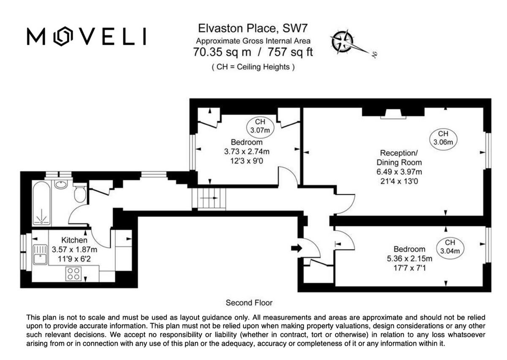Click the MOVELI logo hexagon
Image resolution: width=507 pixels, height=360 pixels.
[x=63, y=36]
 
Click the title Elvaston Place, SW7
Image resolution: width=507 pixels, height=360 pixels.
[x=253, y=29]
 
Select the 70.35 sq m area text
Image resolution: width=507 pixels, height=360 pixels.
[x=222, y=52]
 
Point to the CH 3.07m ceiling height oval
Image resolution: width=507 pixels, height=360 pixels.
[x=260, y=126]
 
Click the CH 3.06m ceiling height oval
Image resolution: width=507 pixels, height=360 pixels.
[x=444, y=138]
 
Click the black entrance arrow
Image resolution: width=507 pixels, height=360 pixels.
[x=297, y=248]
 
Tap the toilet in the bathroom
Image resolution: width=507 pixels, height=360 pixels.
[x=80, y=194]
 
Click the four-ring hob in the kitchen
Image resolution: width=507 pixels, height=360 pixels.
[x=73, y=274]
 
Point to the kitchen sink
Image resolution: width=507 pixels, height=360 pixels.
[x=41, y=254]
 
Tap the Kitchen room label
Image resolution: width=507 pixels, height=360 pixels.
[x=74, y=240]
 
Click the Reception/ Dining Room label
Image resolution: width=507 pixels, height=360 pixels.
[x=399, y=157]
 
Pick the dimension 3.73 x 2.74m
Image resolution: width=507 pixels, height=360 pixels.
[x=247, y=152]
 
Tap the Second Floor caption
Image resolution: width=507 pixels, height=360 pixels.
[x=249, y=303]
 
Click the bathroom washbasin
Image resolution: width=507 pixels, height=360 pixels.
[x=61, y=184]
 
